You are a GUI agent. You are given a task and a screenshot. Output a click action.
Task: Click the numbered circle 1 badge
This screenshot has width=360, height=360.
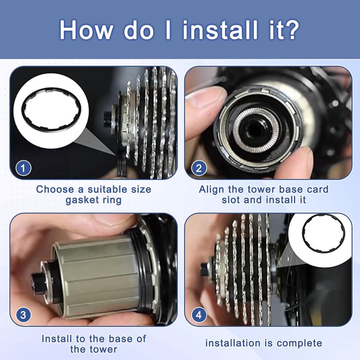(x=23, y=168)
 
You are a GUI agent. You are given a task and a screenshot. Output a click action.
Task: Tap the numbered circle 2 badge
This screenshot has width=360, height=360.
(x=199, y=168)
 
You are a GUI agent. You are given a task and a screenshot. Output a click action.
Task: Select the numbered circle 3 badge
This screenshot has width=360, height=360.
(x=23, y=315)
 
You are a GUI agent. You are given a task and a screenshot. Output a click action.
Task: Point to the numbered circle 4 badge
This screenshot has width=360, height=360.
(x=199, y=315)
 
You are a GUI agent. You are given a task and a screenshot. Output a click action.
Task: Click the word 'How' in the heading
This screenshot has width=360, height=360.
(x=86, y=30)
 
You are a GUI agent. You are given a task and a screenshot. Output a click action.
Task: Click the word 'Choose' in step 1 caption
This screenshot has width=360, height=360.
(x=55, y=189)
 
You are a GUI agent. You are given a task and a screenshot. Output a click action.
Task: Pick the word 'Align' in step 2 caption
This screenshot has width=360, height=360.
(x=211, y=189)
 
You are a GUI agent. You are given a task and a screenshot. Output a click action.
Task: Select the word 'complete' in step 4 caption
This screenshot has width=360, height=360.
(x=299, y=344)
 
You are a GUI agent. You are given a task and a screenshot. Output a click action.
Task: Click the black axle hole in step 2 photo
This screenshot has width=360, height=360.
(x=253, y=130)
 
